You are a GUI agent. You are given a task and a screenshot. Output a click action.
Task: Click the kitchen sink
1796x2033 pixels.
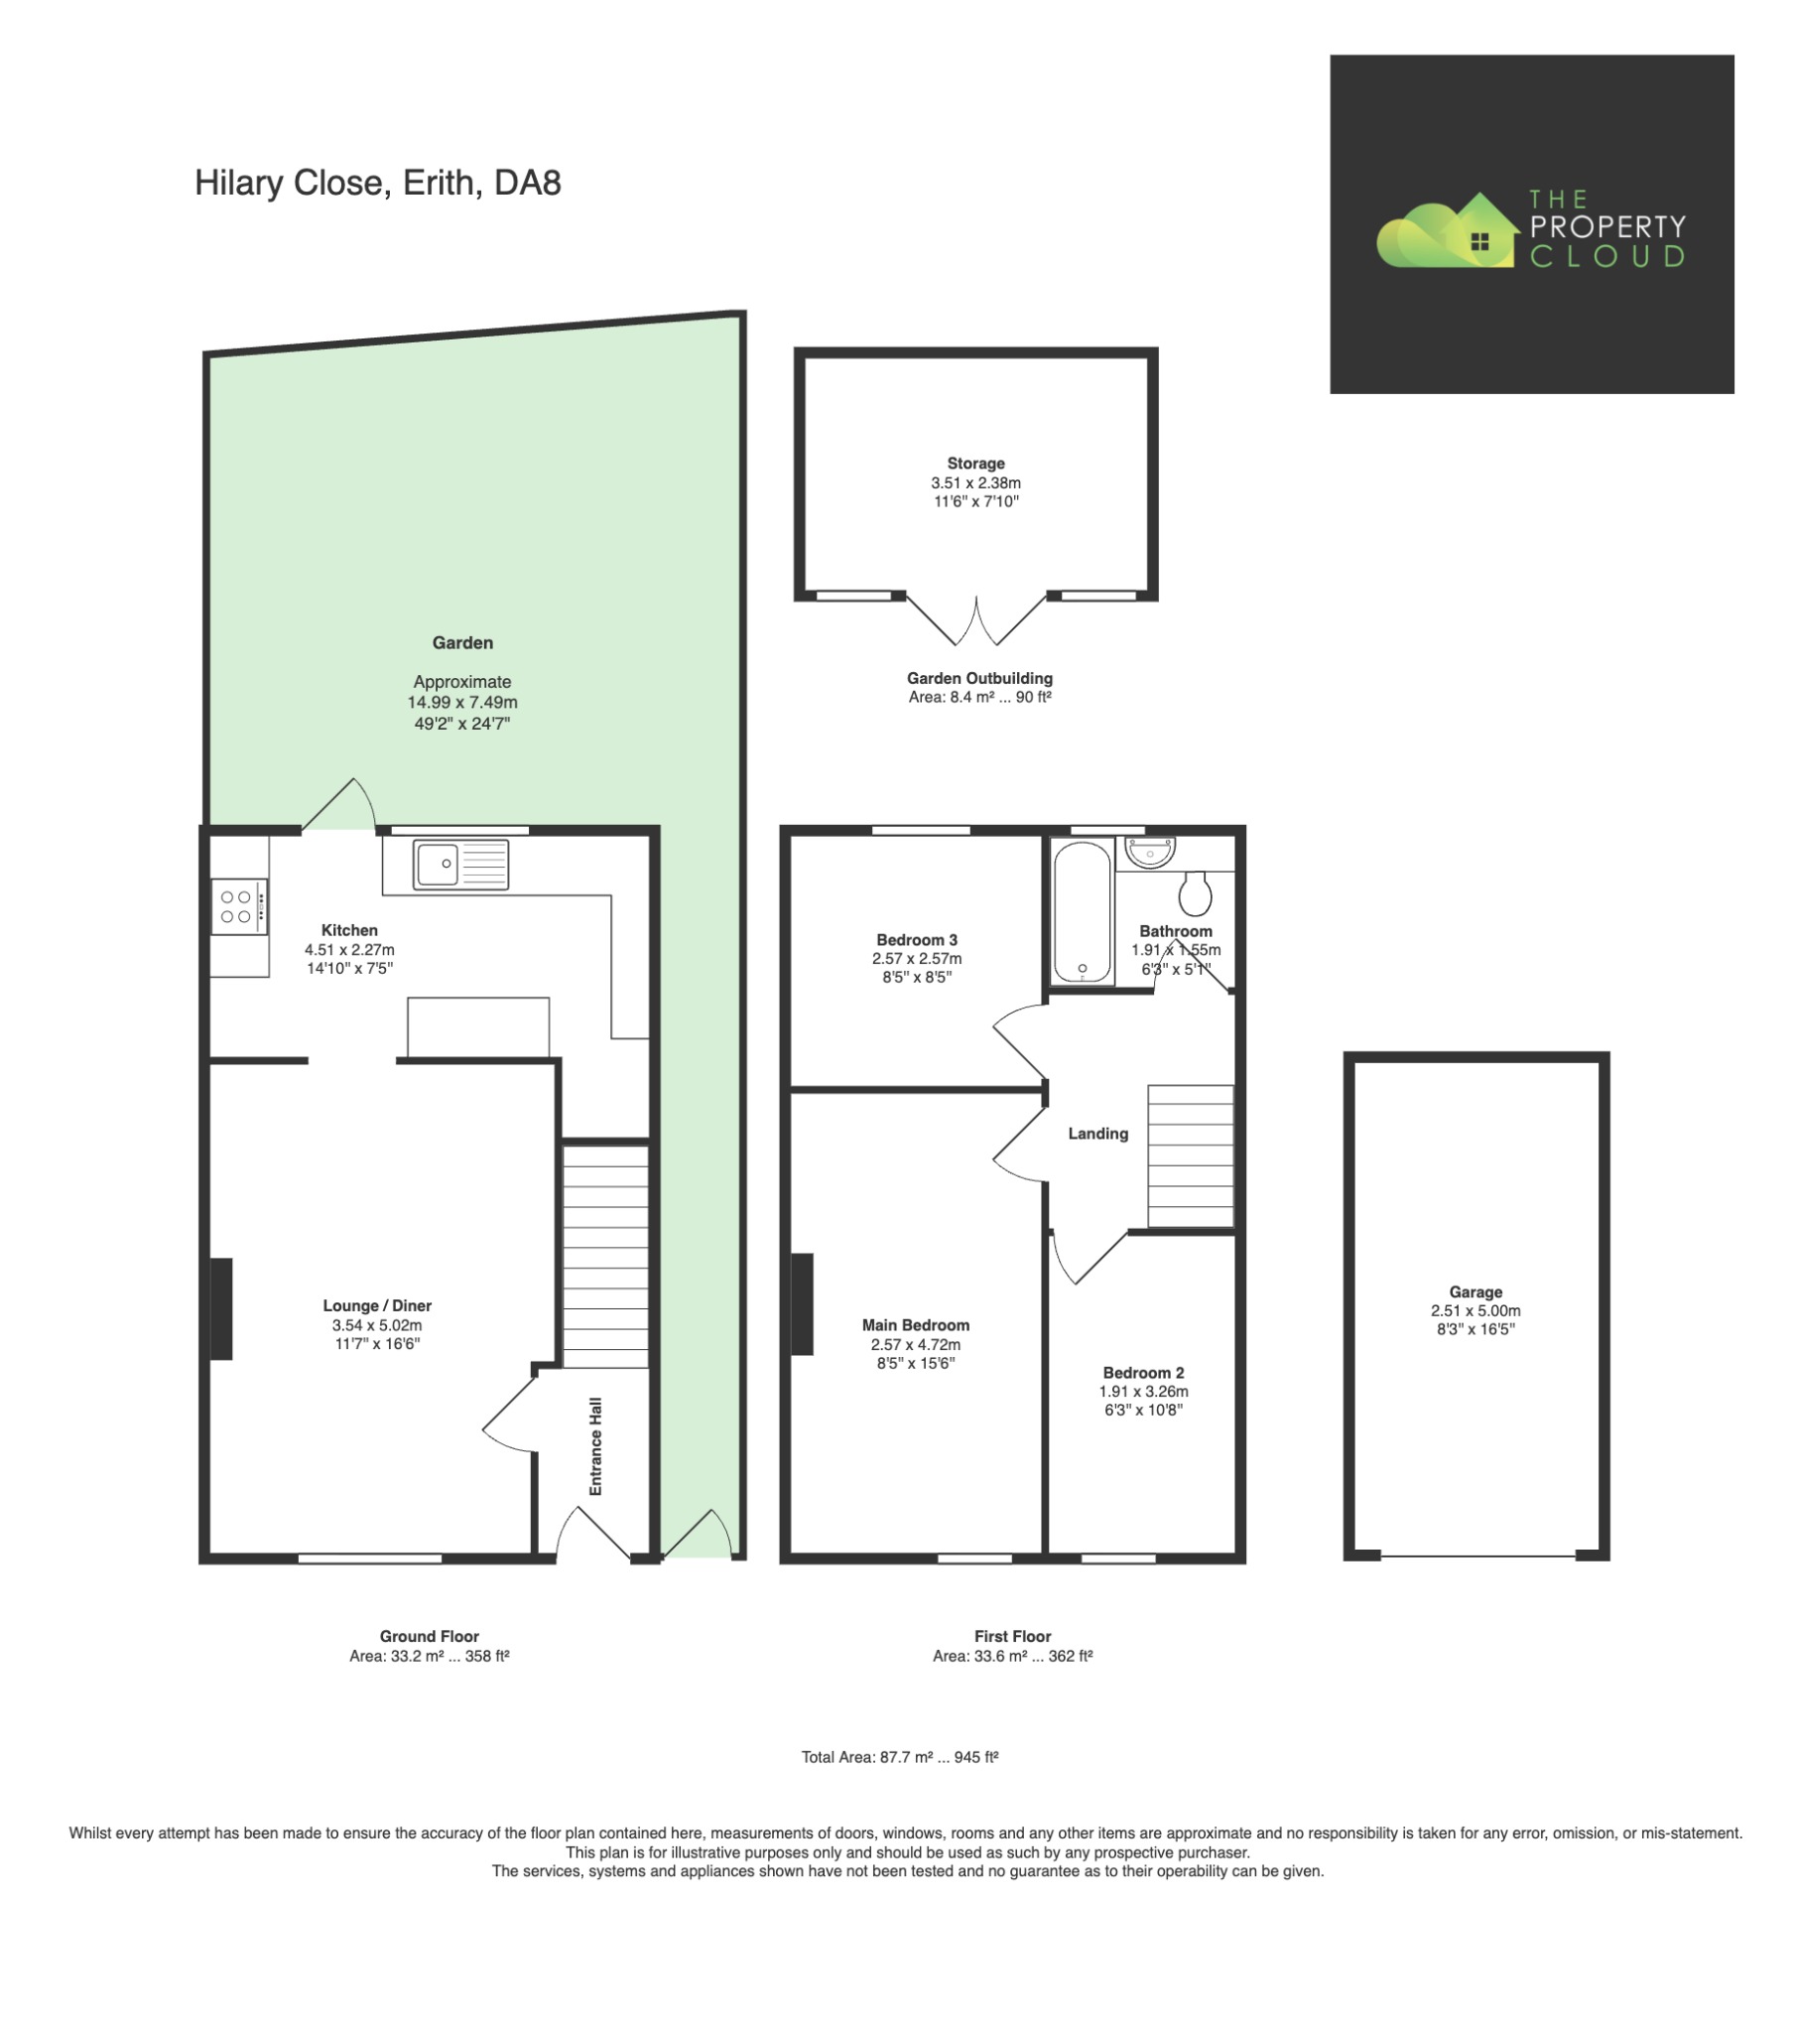pos(460,864)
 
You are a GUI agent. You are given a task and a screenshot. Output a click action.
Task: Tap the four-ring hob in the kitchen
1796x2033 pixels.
pos(239,906)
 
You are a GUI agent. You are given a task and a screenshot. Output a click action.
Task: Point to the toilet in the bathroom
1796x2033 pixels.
pos(1196,893)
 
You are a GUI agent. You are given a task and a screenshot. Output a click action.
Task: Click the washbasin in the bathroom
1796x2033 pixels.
pos(1150,852)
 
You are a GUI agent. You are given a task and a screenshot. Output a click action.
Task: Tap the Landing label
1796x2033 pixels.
pos(1097,1133)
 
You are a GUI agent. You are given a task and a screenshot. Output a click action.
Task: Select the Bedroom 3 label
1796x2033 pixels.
pos(916,939)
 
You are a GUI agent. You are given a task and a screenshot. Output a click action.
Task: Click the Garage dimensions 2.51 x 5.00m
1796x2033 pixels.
pos(1475,1310)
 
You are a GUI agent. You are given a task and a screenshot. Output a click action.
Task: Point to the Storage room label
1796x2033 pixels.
pos(974,463)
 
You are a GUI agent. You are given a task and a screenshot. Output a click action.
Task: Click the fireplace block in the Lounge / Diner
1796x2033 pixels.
pos(220,1308)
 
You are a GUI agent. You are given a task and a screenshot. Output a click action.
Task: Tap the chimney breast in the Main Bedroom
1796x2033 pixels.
pos(802,1303)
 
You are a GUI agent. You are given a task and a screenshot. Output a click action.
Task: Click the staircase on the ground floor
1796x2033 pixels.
pos(605,1256)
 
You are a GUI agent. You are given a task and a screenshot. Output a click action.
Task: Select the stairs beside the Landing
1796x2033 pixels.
pos(1191,1154)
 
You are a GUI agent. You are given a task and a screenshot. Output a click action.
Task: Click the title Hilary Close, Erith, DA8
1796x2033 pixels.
pos(377,183)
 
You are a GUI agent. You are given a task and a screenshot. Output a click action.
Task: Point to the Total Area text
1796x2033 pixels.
pos(899,1756)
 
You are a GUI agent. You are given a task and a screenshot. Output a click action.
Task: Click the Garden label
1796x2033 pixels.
pos(461,642)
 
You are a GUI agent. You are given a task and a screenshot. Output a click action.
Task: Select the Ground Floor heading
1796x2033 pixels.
pos(429,1635)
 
